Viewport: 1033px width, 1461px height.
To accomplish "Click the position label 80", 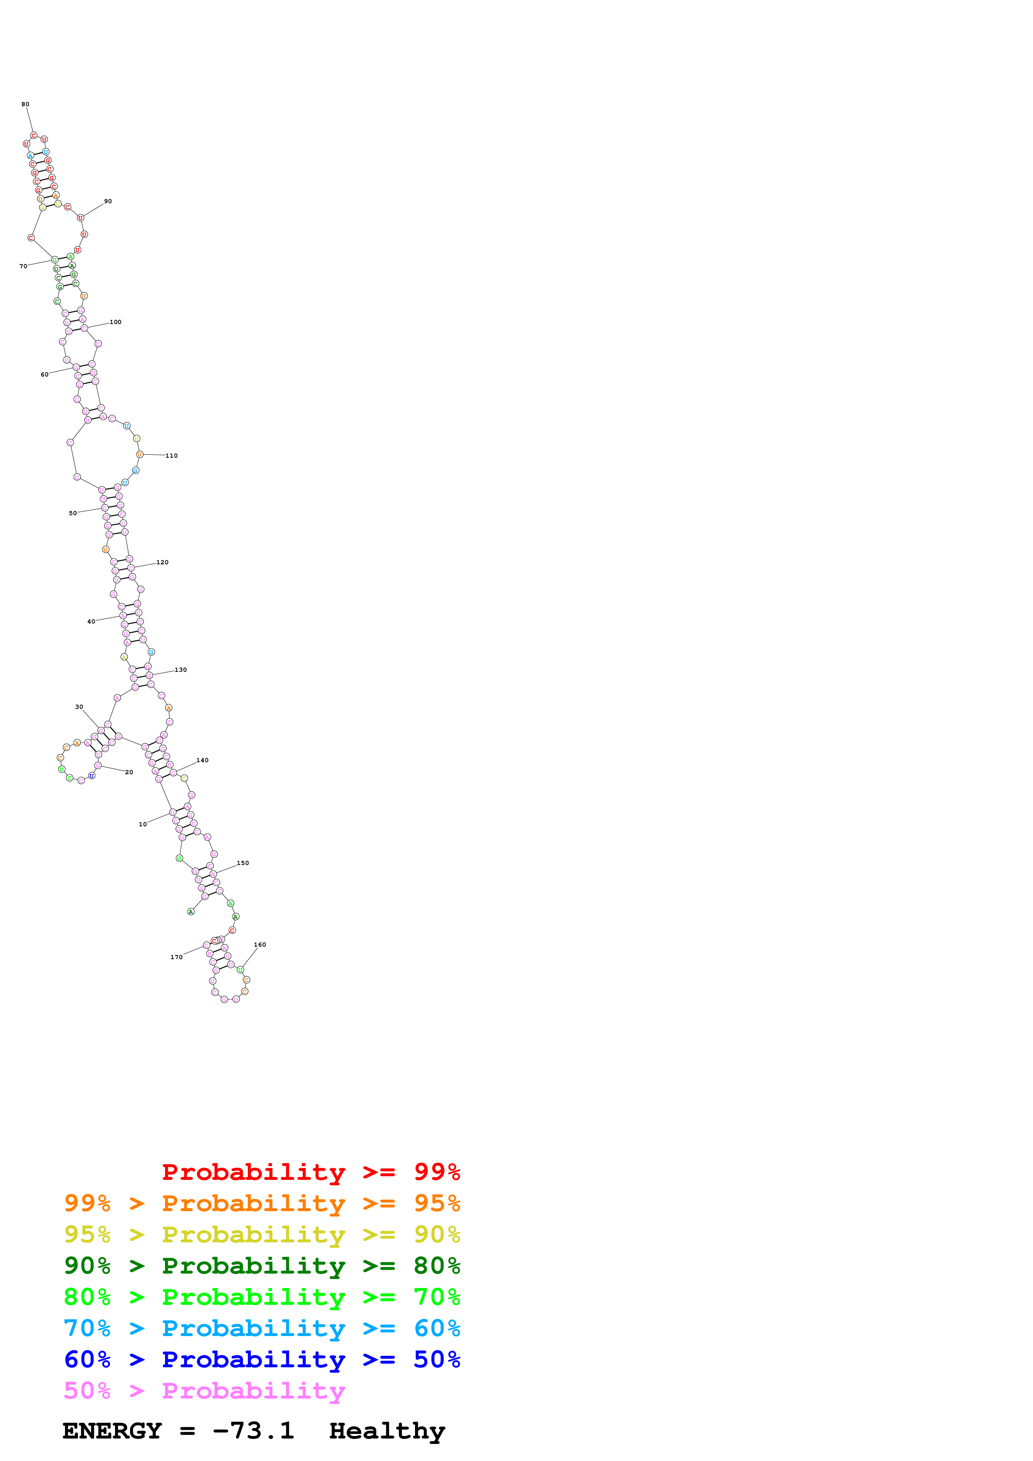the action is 25,105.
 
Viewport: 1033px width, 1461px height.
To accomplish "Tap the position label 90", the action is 108,201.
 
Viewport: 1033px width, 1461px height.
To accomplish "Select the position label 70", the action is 23,266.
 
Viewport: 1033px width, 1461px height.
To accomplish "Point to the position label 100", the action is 115,322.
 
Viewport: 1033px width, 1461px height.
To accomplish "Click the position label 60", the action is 45,374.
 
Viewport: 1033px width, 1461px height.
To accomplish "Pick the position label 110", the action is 171,456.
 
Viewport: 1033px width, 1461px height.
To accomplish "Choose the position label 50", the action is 73,513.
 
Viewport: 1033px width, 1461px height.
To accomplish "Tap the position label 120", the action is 162,563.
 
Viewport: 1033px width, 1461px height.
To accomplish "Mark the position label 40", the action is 91,622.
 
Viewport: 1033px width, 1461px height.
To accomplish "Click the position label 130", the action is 181,670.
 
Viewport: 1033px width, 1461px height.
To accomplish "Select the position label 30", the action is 79,707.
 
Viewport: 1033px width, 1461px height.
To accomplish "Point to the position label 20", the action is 129,773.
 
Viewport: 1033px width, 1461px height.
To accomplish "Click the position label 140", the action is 203,760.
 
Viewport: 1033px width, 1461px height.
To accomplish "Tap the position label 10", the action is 143,825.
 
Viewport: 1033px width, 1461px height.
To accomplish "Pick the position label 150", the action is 243,863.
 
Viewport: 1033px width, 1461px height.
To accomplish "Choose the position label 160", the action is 260,945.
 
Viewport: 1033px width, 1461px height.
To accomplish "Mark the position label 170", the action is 176,957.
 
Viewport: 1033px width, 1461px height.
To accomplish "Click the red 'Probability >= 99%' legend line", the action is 310,1172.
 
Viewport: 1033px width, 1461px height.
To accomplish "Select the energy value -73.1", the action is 253,1431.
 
